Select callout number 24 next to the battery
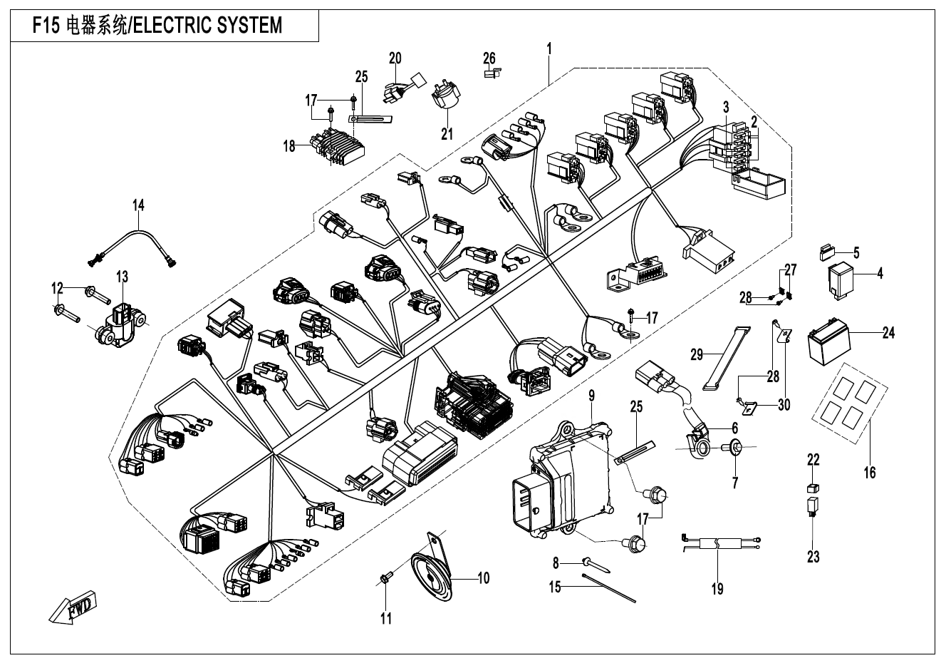pos(888,333)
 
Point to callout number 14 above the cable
pos(138,206)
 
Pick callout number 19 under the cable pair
pos(717,588)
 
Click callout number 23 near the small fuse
pos(814,557)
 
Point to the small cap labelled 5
pos(829,251)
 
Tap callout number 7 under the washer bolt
pos(735,483)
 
